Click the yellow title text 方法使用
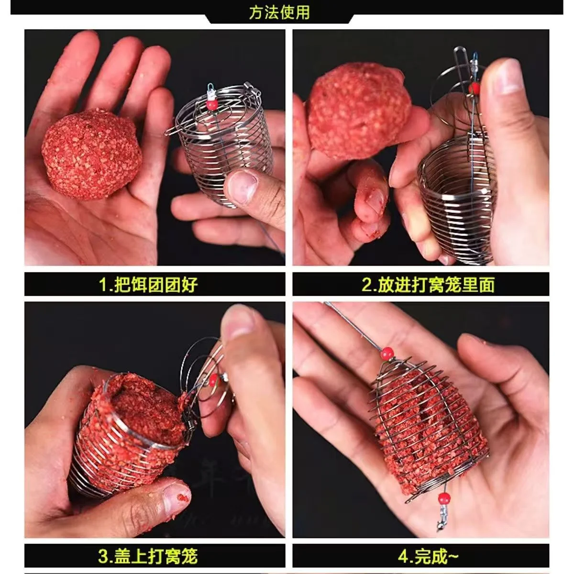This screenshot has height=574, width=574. (x=279, y=12)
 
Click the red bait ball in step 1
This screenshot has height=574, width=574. (x=91, y=154)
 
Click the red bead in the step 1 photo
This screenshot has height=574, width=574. (x=212, y=105)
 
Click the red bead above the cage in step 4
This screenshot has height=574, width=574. (x=387, y=354)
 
